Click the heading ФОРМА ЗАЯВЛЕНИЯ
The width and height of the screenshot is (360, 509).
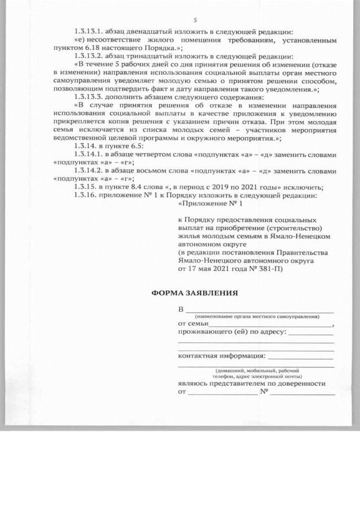click(x=195, y=293)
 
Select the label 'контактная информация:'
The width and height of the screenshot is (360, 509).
click(x=222, y=357)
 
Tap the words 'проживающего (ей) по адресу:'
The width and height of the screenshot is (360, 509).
click(x=232, y=332)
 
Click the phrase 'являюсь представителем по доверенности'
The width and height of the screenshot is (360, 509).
click(x=251, y=383)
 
